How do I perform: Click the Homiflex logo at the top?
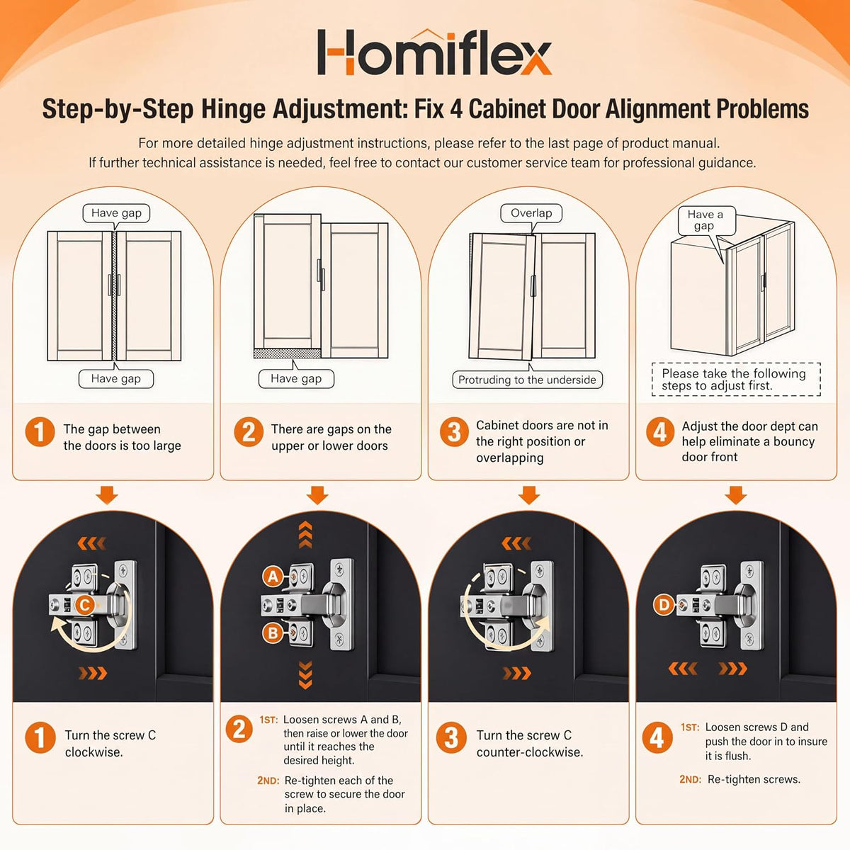(434, 52)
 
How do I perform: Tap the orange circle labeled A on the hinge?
(273, 577)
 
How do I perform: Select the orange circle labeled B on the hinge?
(273, 633)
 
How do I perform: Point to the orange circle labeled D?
(664, 604)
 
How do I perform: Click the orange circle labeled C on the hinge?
(85, 605)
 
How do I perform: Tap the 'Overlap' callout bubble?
(531, 213)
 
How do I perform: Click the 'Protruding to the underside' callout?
(527, 380)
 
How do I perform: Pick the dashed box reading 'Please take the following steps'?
(736, 380)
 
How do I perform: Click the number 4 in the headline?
(457, 109)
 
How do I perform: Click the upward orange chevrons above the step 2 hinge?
(305, 534)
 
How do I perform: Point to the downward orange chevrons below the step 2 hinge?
(305, 675)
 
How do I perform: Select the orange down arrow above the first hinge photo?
(107, 495)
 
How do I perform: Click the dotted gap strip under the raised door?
(287, 353)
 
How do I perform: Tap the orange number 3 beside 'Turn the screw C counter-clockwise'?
(451, 737)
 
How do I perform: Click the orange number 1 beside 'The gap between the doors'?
(40, 432)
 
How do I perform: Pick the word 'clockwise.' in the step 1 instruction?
(94, 752)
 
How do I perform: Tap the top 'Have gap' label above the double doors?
(116, 213)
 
